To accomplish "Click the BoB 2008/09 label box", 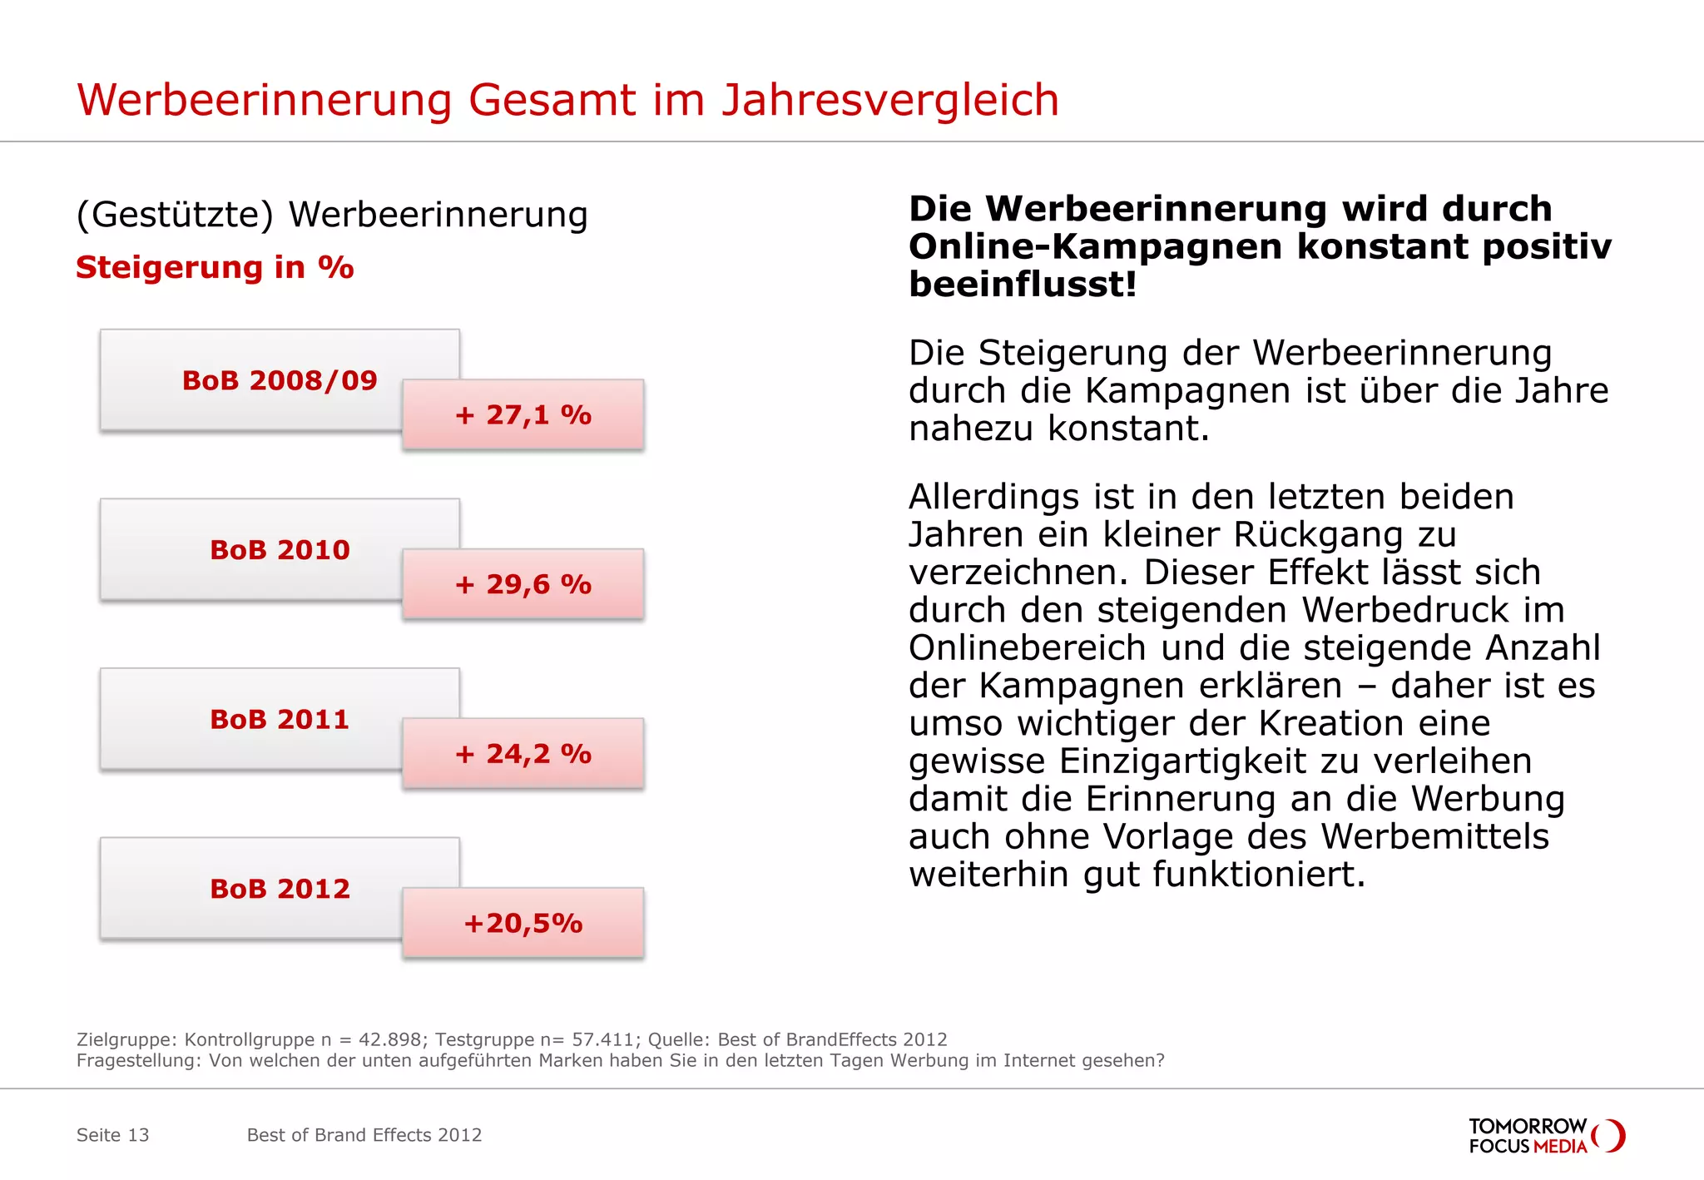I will pos(279,380).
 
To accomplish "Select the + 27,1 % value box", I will pos(523,414).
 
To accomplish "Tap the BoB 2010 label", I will pos(279,550).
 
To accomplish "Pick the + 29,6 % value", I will pos(523,584).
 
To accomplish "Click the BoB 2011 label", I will pos(279,719).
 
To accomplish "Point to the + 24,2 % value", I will pos(523,754).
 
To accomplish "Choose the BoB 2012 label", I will pos(279,889).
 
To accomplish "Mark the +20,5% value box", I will pos(523,923).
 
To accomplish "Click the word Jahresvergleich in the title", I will pos(889,102).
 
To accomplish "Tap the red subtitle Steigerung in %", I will pos(215,268).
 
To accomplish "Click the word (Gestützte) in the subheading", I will pos(174,216).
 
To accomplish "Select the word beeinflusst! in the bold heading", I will pos(1022,285).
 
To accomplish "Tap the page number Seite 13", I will pos(112,1135).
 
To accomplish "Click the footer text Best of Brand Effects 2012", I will pos(364,1135).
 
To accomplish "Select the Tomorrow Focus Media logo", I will pos(1546,1136).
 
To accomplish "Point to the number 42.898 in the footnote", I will pos(388,1039).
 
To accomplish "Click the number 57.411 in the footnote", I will pos(602,1039).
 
